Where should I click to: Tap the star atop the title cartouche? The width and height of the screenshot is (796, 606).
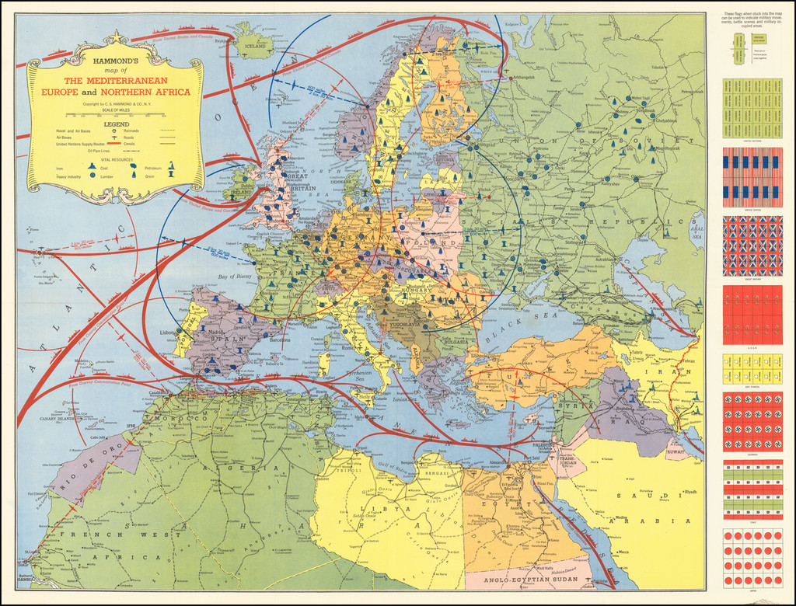tap(116, 37)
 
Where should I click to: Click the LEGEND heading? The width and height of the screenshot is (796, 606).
tap(116, 124)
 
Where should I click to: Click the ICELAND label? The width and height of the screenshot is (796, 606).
tap(254, 45)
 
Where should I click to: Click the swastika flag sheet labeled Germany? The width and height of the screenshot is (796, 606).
tap(752, 422)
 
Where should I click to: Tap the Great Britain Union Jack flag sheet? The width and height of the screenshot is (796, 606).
tap(752, 246)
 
